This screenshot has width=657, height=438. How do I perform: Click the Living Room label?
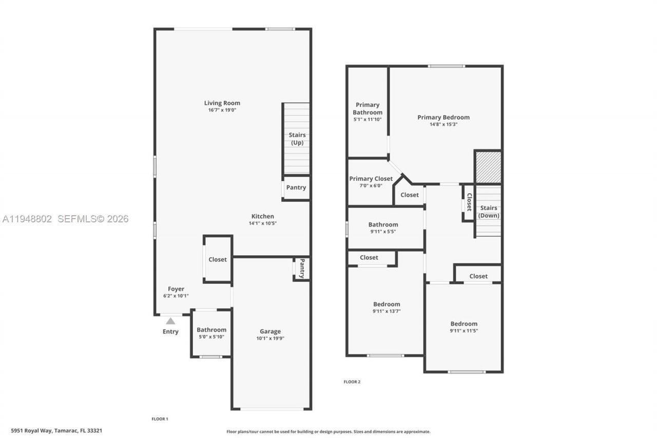coord(222,103)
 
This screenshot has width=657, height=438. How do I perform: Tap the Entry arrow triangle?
coord(170,321)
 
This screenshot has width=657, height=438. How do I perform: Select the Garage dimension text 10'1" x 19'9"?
coord(270,338)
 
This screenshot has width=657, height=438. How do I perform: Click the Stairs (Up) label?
coord(297,139)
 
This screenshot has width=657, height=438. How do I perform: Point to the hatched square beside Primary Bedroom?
coord(488,167)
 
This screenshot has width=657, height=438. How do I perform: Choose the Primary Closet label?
coord(371,179)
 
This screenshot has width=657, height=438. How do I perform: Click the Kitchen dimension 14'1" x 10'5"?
coord(262,223)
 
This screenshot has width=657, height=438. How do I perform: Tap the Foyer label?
coord(176,289)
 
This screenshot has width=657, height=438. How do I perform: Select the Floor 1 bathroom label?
coord(211,330)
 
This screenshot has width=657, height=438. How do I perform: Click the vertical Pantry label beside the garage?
coord(302,268)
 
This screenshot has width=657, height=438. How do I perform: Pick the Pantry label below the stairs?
coord(296,187)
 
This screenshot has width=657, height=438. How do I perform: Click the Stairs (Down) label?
coord(489,212)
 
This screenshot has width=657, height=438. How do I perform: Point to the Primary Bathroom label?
coord(368,108)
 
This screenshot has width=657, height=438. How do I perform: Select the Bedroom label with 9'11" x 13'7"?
coord(387,304)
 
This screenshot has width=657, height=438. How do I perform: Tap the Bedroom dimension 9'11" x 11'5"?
coord(463,331)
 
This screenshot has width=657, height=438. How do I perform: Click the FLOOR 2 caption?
coord(352,382)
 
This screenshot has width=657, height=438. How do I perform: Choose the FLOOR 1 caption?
coord(160,419)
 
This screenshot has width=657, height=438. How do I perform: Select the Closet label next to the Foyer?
coord(217,259)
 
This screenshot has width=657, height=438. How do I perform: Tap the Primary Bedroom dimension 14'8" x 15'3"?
coord(443,124)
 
